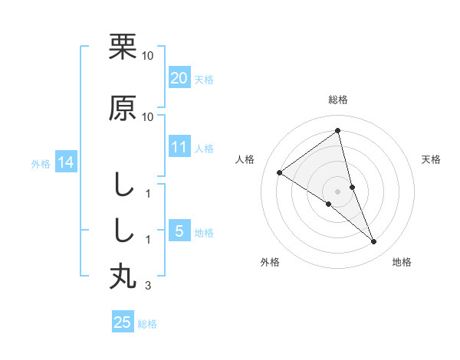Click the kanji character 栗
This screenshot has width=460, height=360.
[123, 47]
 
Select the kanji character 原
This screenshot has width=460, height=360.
[123, 108]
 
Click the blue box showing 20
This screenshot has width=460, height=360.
[179, 77]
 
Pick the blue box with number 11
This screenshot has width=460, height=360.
[179, 148]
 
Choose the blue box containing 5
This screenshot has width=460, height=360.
[179, 232]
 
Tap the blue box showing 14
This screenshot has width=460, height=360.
[64, 162]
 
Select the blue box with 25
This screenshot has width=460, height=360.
[123, 322]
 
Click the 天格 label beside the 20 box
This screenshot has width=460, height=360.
[204, 79]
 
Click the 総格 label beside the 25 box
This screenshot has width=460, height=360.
[147, 324]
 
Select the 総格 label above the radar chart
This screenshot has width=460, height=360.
[338, 100]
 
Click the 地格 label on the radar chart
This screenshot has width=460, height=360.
[402, 262]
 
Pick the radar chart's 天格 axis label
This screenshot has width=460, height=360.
[431, 159]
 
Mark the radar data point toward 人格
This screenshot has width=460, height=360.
[280, 172]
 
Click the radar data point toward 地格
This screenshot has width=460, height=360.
[374, 242]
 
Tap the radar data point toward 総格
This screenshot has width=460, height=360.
[338, 130]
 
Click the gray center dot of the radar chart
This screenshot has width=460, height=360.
[338, 191]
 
